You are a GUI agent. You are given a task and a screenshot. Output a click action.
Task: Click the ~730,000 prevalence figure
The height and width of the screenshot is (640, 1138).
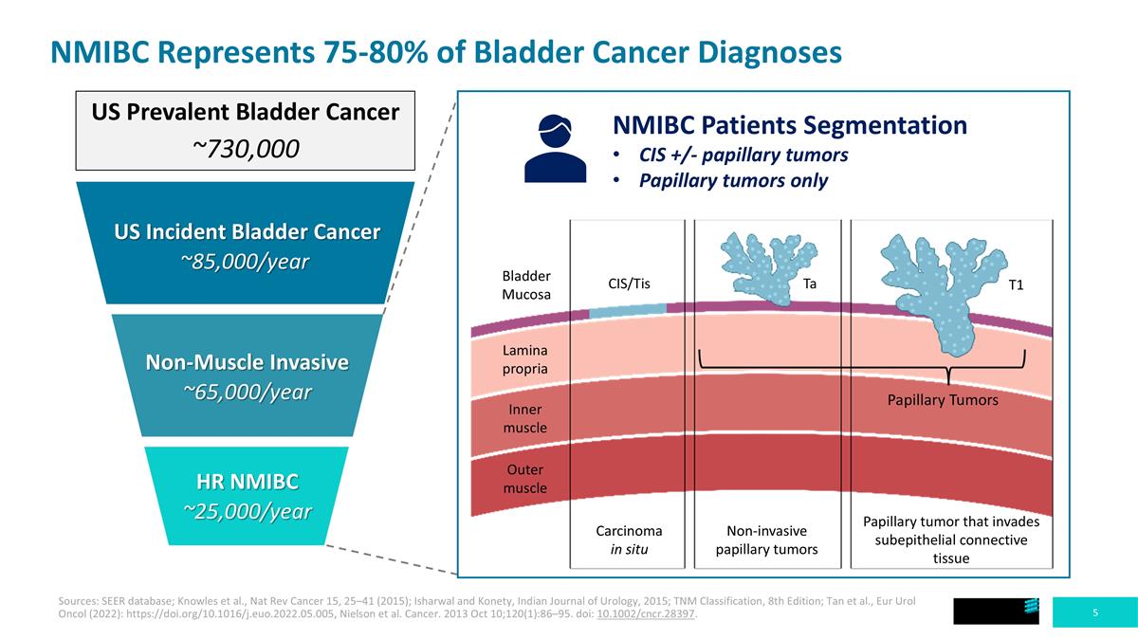(x=247, y=149)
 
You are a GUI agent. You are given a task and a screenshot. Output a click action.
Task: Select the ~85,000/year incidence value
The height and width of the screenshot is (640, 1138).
(x=247, y=262)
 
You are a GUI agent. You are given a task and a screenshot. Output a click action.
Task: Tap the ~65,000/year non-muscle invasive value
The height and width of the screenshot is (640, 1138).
(x=247, y=392)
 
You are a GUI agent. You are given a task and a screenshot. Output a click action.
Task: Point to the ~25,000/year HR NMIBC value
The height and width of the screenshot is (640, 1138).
(x=247, y=511)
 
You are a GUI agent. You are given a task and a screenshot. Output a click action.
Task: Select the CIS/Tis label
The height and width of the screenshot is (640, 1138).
(x=628, y=283)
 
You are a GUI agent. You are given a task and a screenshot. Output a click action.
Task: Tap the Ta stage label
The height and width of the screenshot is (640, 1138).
(x=810, y=283)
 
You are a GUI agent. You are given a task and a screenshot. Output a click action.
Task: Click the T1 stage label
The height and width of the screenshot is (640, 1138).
(x=1016, y=283)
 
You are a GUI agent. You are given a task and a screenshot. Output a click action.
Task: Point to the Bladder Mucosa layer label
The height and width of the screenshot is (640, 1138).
(x=525, y=285)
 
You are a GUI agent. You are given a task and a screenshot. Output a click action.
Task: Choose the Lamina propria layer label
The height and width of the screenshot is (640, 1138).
(x=524, y=359)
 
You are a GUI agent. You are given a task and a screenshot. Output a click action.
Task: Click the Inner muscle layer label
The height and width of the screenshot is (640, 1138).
(x=524, y=419)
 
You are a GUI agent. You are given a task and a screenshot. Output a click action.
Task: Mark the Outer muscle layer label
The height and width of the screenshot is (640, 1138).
(x=524, y=479)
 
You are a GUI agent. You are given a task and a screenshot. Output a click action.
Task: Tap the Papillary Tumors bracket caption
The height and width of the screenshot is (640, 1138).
(x=943, y=400)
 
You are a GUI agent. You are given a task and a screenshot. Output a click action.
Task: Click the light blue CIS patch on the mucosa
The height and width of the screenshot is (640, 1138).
(x=627, y=310)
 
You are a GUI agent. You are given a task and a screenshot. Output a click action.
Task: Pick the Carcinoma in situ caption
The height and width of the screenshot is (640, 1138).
(x=629, y=539)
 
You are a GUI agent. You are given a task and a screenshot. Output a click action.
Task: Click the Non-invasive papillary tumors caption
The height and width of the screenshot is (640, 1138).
(x=766, y=539)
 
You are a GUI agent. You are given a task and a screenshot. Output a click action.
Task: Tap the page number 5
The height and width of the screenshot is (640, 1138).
(x=1095, y=613)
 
